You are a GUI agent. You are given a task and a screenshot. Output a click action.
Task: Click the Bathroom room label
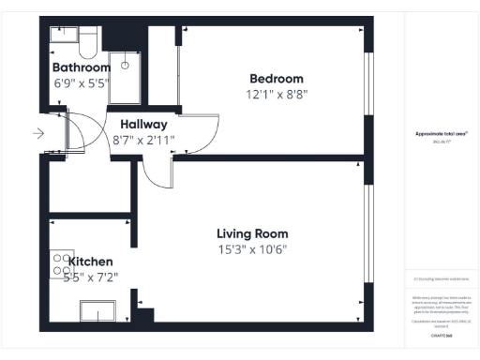81,67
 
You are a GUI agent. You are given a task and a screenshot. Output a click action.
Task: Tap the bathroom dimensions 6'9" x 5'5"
81,82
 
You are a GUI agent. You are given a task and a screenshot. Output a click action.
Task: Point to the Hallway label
143,124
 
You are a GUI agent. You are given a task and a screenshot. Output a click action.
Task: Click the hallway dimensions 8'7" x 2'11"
143,140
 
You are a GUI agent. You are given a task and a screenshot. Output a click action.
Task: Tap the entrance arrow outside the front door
37,133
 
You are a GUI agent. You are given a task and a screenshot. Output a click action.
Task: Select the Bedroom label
276,79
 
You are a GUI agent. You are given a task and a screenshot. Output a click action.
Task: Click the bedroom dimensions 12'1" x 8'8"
276,95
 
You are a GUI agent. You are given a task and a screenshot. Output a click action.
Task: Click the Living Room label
252,233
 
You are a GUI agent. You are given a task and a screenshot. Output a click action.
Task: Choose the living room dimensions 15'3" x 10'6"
252,249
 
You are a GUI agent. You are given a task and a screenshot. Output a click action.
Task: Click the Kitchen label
90,261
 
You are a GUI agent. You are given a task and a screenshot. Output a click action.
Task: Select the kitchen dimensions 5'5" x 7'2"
90,277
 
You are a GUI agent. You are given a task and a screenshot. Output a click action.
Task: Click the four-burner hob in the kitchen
62,264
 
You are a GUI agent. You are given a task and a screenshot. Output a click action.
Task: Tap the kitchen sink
98,310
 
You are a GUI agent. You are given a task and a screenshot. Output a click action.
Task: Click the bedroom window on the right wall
368,90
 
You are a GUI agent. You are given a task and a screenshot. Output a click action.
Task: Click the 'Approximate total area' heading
442,134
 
